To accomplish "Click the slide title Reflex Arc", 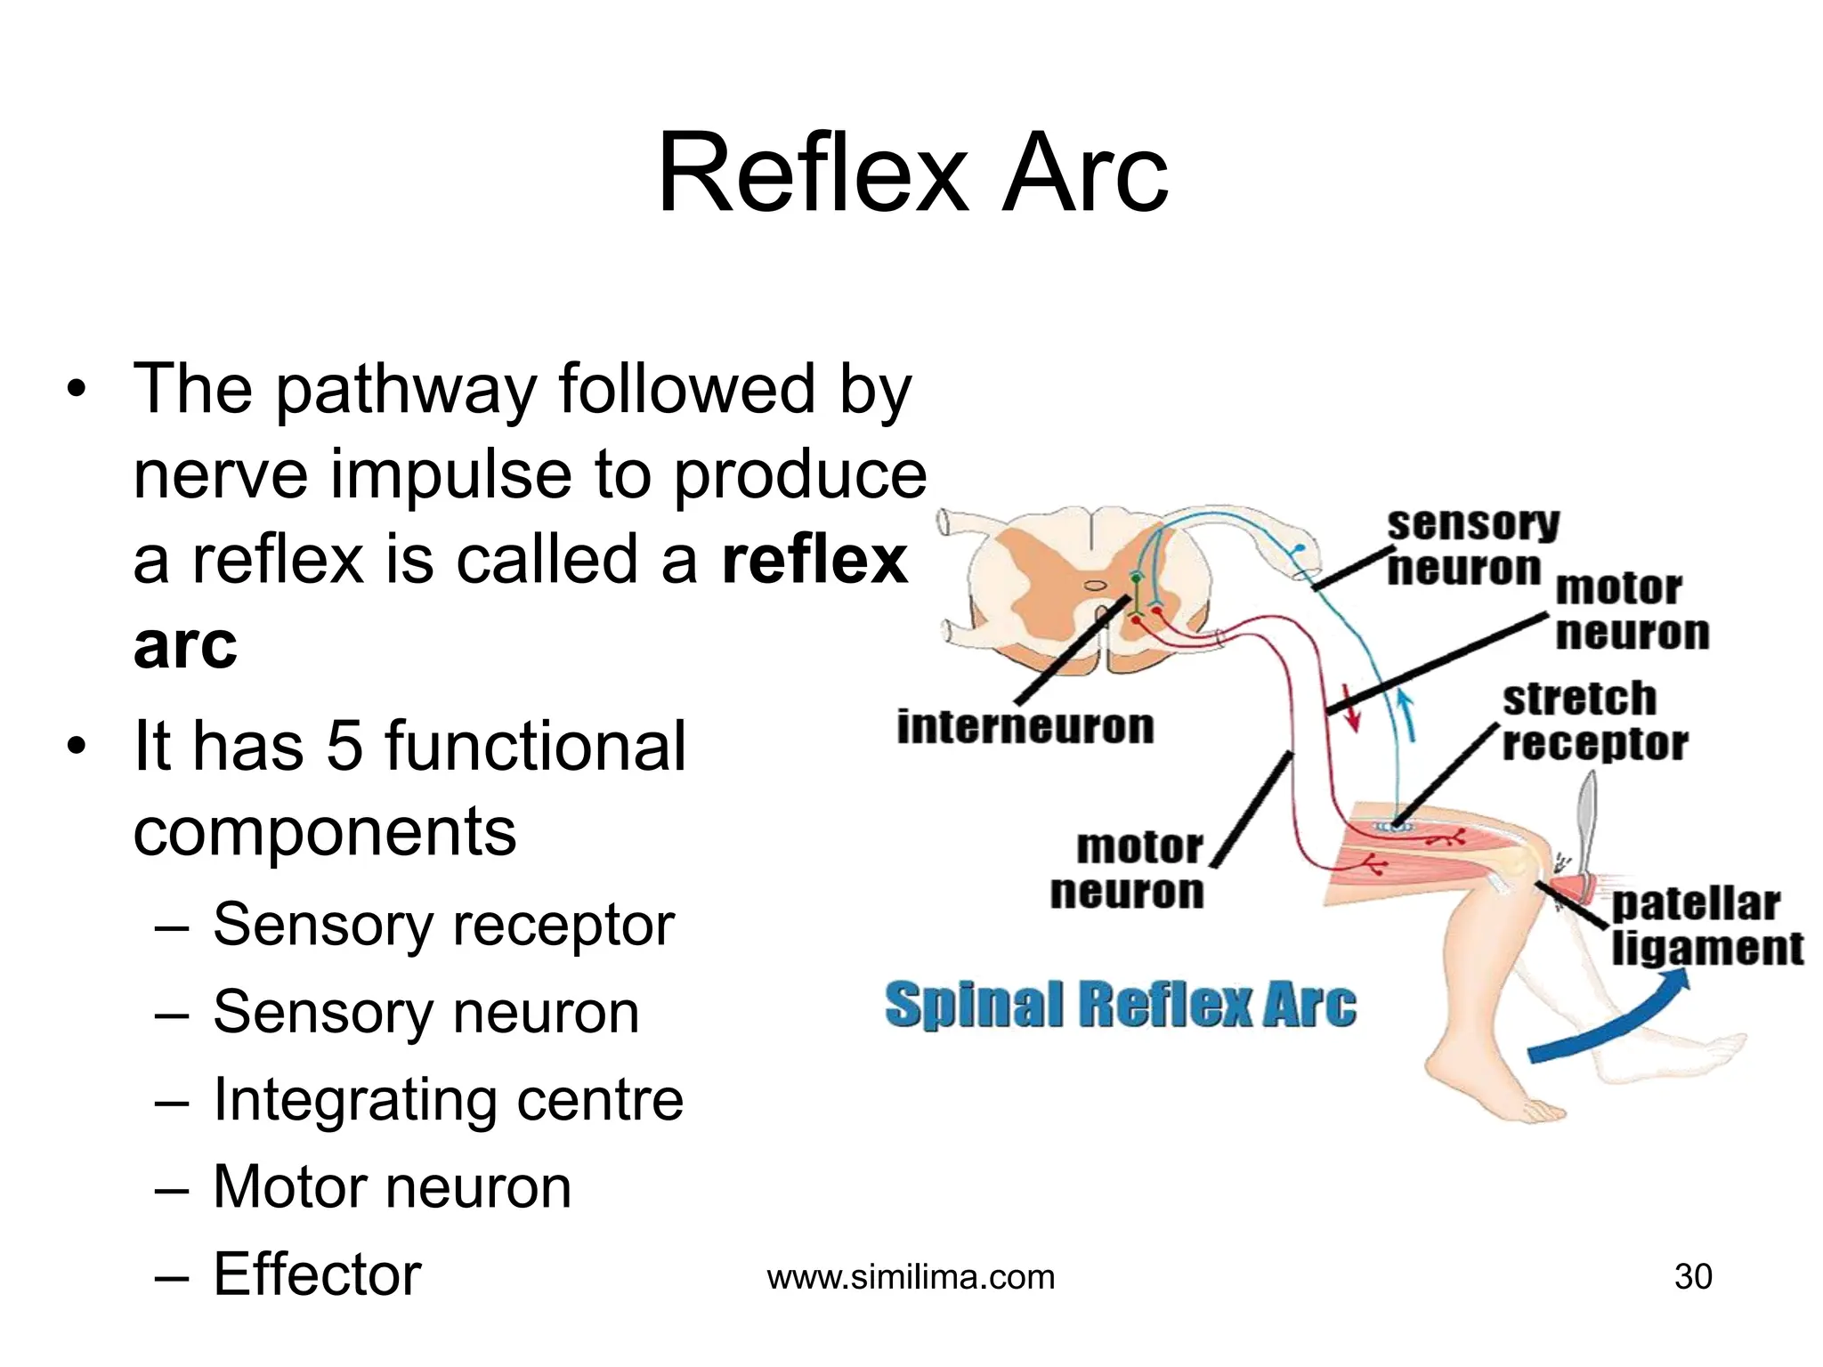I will (911, 173).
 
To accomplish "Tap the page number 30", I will (1692, 1276).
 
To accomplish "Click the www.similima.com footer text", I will (911, 1277).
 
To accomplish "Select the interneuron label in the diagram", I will (1025, 727).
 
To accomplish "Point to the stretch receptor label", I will (1592, 721).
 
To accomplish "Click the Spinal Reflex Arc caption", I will (1120, 1005).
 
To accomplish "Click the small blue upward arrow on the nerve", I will (1406, 716).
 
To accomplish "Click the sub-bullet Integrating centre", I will (448, 1100).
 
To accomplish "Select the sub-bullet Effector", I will (316, 1274).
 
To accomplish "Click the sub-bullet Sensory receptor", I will (443, 925).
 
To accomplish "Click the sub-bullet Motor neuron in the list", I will (392, 1187).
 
